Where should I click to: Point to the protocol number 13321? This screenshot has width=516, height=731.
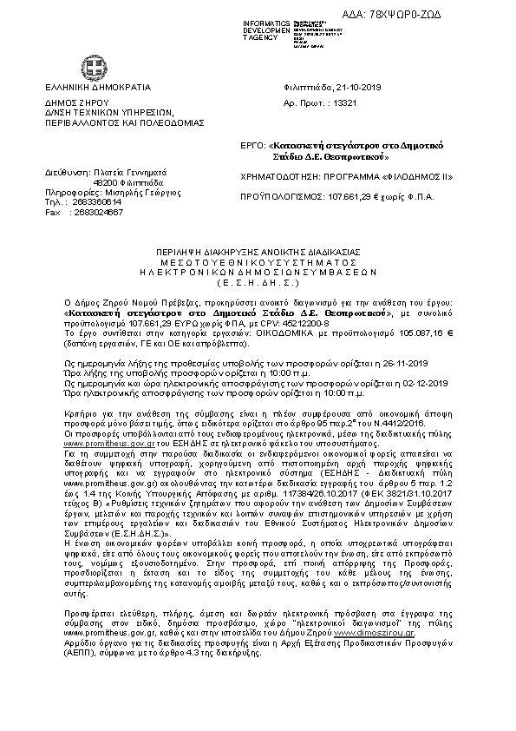[345, 102]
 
